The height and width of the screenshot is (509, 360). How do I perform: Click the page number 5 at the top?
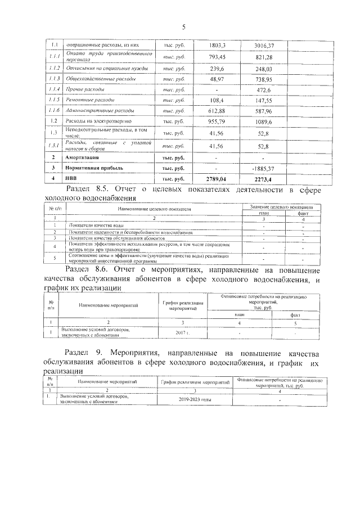[x=183, y=26]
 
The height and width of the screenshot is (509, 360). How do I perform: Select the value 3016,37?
[x=264, y=44]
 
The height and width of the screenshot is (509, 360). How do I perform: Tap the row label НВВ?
[x=72, y=178]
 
